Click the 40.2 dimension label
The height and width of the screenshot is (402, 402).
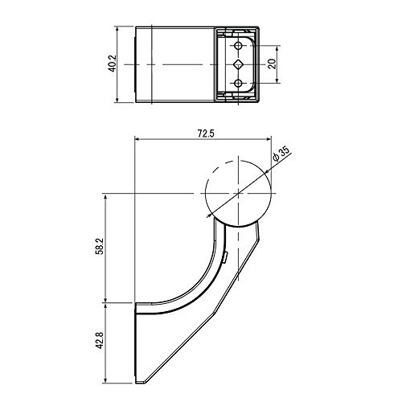coord(113,64)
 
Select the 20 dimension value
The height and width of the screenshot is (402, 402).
coord(272,64)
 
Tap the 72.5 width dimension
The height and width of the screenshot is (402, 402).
coord(206,133)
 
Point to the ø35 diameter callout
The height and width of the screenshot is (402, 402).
coord(281,154)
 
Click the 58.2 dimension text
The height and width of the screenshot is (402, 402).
coord(100,247)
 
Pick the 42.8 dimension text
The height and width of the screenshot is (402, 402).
coord(100,340)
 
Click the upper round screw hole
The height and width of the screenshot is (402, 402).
coord(238,46)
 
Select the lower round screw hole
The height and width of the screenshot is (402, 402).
coord(238,84)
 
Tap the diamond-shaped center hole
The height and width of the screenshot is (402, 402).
coord(238,64)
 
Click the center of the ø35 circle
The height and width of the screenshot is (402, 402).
coord(238,193)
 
